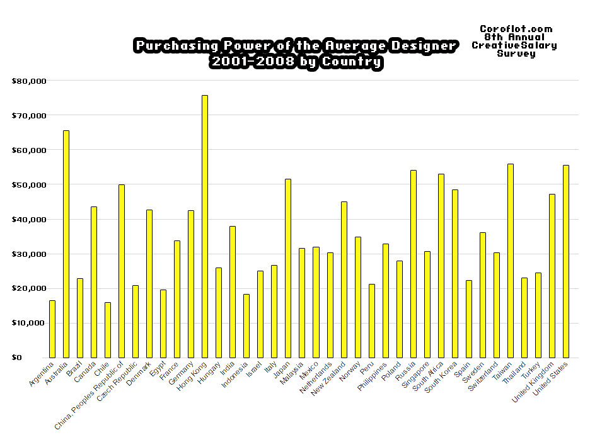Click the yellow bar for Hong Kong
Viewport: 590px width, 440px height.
[205, 227]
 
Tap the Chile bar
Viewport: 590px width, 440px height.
[108, 330]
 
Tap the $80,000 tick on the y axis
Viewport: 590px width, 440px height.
[30, 81]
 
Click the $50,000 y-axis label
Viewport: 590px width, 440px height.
[30, 185]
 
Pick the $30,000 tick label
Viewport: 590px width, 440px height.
[30, 254]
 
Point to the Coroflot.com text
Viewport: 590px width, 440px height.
[516, 29]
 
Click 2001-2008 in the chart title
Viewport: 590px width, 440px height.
[242, 62]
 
